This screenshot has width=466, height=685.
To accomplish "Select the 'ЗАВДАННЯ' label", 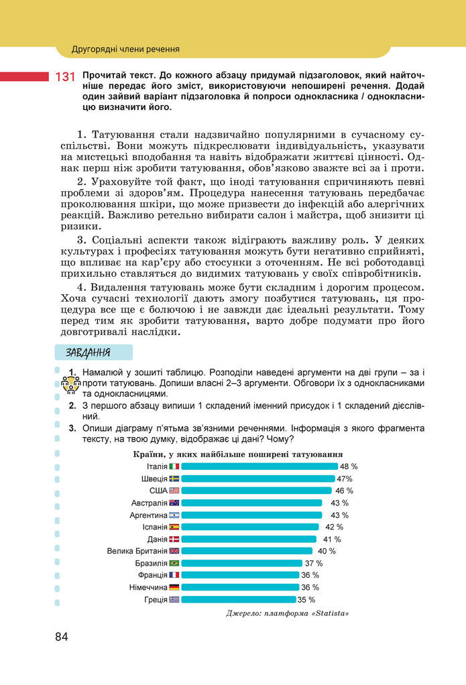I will point(88,353).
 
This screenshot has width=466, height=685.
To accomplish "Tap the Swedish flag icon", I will point(174,479).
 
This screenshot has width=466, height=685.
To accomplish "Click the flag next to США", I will point(174,491).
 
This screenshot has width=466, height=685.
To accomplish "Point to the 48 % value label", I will point(349,466).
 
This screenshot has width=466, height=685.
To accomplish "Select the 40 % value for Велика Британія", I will point(327,551).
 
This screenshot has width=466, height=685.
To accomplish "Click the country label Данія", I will point(157,539).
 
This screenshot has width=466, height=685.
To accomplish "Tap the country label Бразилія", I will point(151,563).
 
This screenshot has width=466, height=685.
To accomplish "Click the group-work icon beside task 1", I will point(70,385).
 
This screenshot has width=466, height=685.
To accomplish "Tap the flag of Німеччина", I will point(174,587).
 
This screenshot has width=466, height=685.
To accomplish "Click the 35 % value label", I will point(306,599).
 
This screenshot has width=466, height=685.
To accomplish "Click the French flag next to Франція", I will point(174,575).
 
